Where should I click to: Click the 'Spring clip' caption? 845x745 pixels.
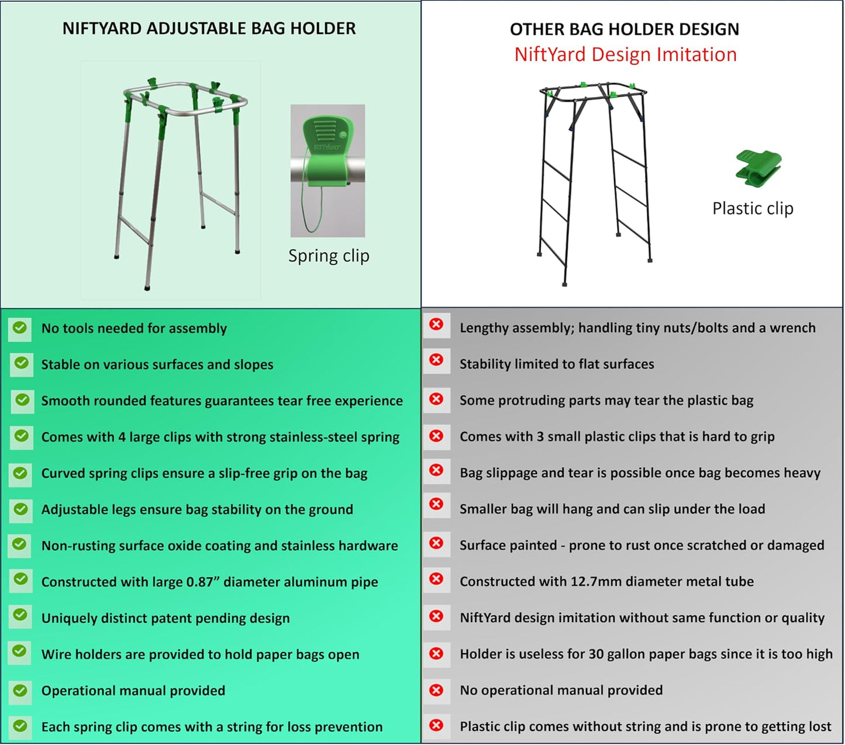tap(329, 256)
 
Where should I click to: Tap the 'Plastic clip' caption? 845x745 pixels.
tap(753, 208)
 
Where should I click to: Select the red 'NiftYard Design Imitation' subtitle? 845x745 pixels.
tap(625, 54)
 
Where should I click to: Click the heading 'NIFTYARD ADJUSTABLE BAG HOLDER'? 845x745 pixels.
tap(209, 29)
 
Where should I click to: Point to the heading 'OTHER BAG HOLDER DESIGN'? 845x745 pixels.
tap(625, 29)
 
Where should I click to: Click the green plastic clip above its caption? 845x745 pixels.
tap(758, 168)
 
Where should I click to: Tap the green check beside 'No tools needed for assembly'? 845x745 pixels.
tap(20, 327)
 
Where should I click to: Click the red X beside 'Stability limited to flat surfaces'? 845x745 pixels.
tap(436, 360)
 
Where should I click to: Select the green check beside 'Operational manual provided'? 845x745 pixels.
tap(20, 691)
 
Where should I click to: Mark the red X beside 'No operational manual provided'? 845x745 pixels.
tap(436, 690)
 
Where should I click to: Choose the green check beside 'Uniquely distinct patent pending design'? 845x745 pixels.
tap(20, 615)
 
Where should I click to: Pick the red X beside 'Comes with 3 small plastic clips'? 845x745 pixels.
tap(436, 436)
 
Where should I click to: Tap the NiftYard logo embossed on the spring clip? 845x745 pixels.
tap(326, 147)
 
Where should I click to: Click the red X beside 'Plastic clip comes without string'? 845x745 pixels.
tap(436, 725)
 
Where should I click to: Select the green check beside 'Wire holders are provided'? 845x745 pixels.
tap(20, 651)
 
